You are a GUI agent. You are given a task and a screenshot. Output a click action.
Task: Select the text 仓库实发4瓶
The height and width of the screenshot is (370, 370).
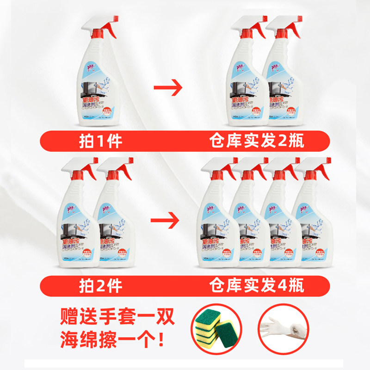[x=257, y=285]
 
